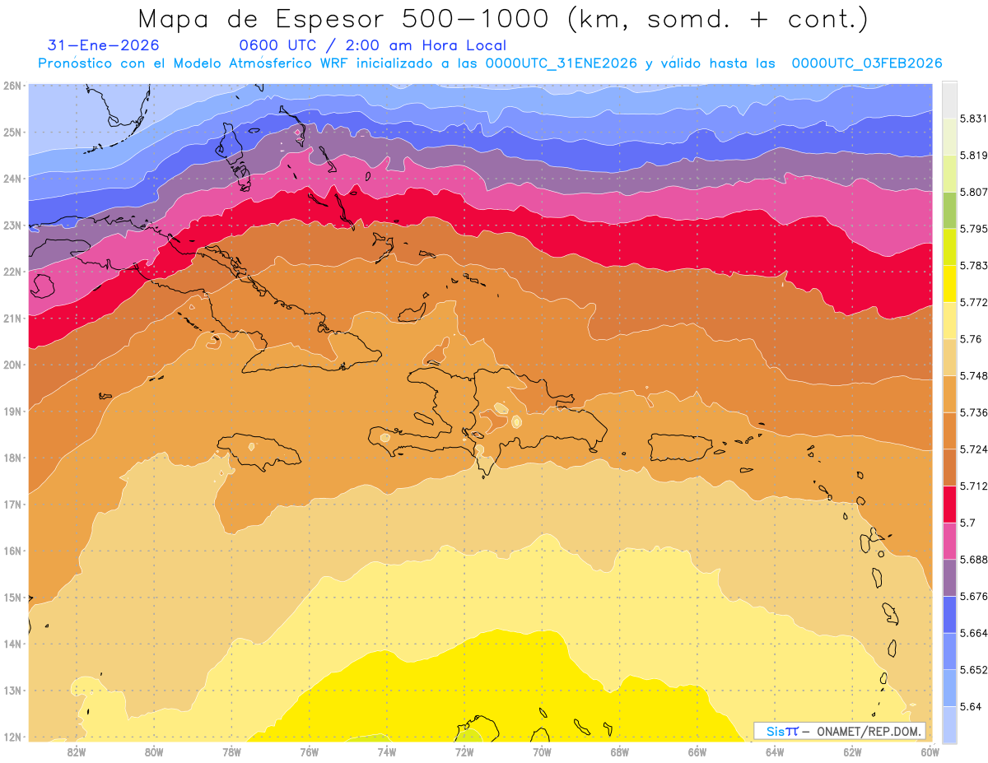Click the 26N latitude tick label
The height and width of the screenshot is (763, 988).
tap(12, 86)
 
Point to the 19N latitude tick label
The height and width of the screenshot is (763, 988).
tap(12, 411)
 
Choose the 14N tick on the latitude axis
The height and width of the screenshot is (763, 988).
tap(12, 644)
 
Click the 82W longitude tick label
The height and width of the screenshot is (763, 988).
tap(77, 751)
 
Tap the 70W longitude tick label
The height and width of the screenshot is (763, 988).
tap(542, 751)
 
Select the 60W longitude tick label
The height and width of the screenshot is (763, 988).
tap(930, 751)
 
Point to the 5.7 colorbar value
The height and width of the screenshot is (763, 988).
tap(969, 523)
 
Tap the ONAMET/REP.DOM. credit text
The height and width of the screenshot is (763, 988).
tap(868, 731)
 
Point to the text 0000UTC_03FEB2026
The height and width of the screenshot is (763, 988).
tap(866, 63)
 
